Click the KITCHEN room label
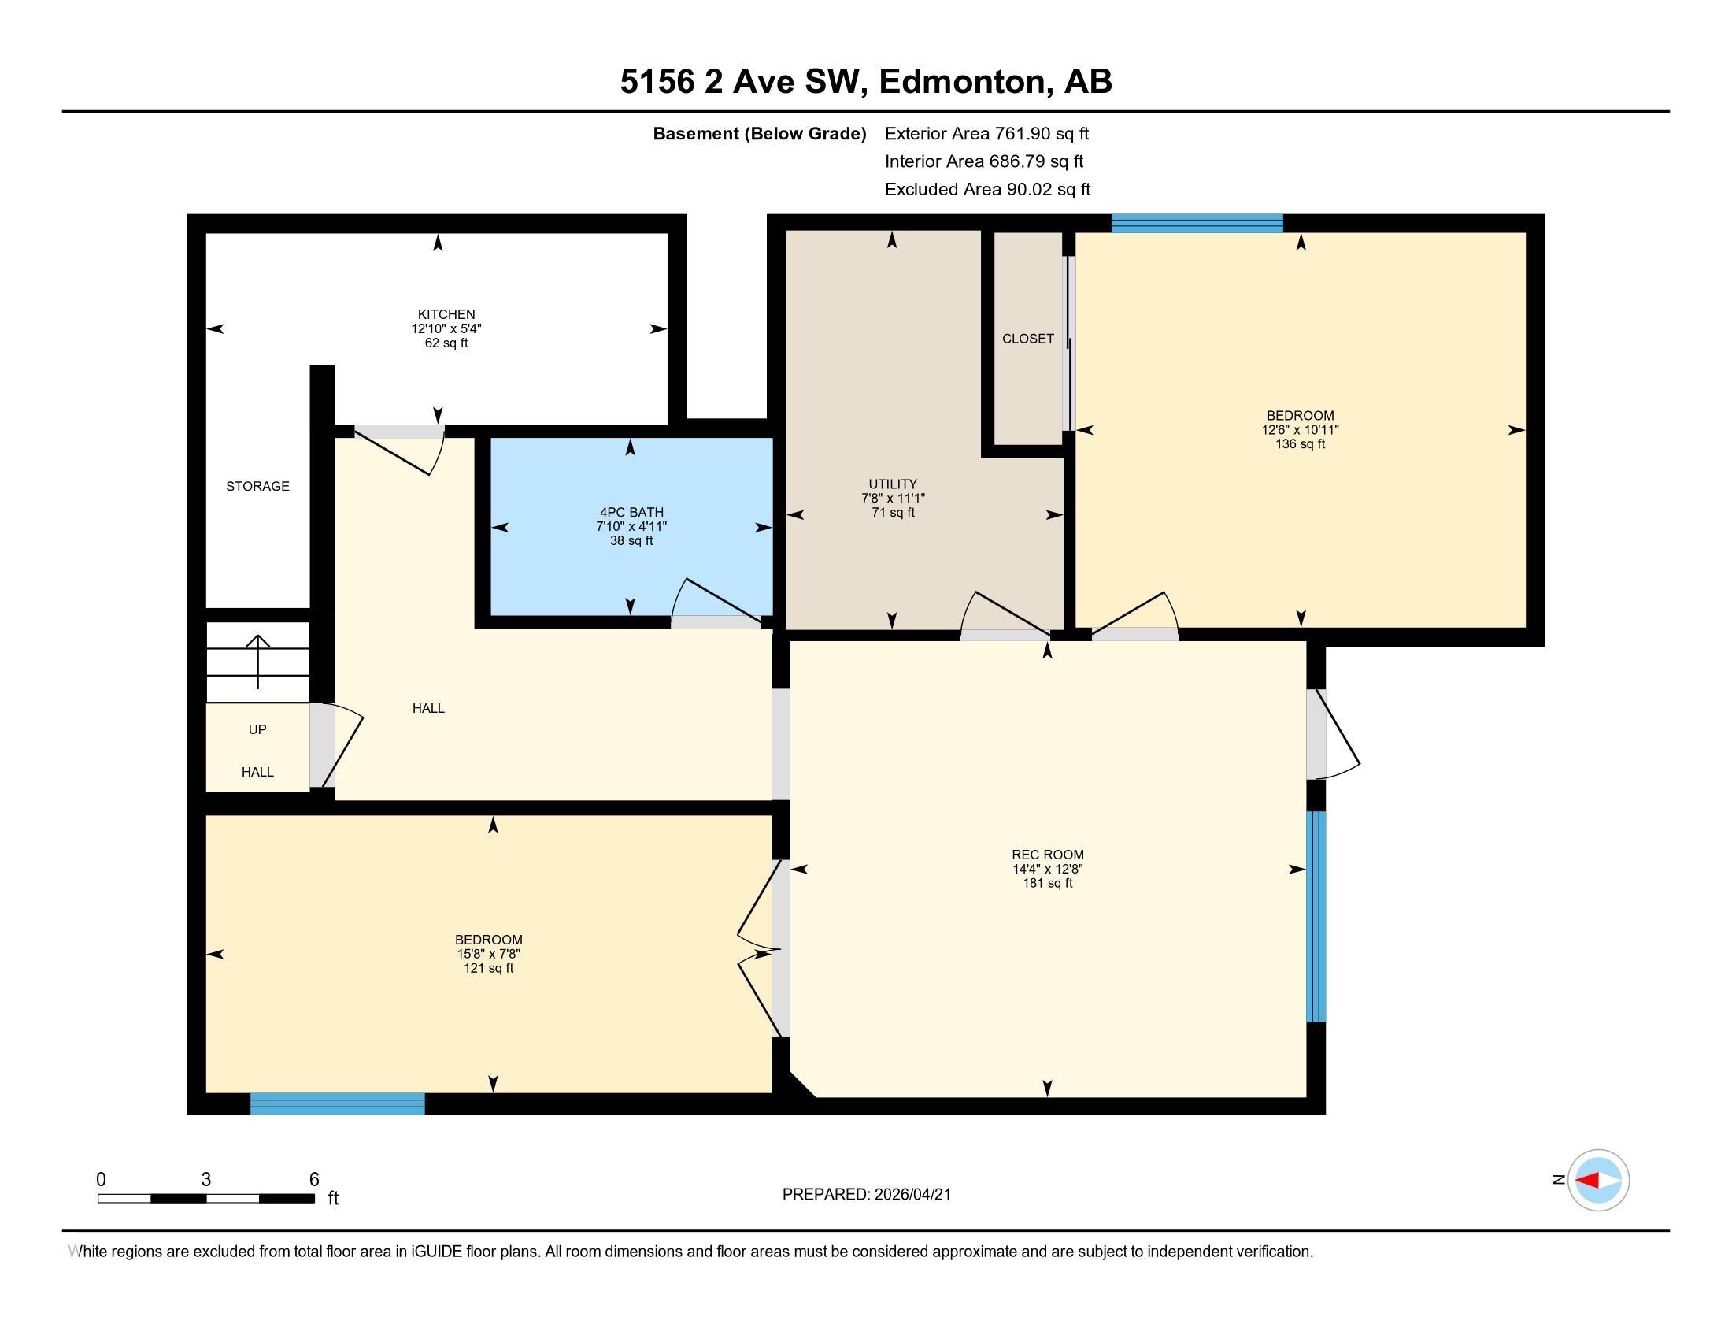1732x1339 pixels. click(446, 314)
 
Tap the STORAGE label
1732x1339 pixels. click(257, 486)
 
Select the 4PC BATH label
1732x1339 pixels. click(631, 513)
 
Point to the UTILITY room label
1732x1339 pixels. click(892, 484)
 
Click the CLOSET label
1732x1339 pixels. click(1027, 339)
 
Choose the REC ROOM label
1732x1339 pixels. click(1047, 855)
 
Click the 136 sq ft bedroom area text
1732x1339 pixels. click(1299, 444)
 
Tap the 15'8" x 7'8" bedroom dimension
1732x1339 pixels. click(488, 955)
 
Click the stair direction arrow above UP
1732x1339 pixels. click(257, 660)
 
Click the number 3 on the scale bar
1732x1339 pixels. click(206, 1180)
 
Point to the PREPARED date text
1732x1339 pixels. click(866, 1195)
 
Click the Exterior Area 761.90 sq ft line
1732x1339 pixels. click(986, 134)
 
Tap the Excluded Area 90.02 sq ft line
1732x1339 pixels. click(987, 190)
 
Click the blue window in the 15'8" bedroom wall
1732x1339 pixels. click(338, 1103)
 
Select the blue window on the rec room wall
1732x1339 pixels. click(1316, 916)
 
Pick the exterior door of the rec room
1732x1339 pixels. click(1334, 734)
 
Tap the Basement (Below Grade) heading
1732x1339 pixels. click(759, 134)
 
